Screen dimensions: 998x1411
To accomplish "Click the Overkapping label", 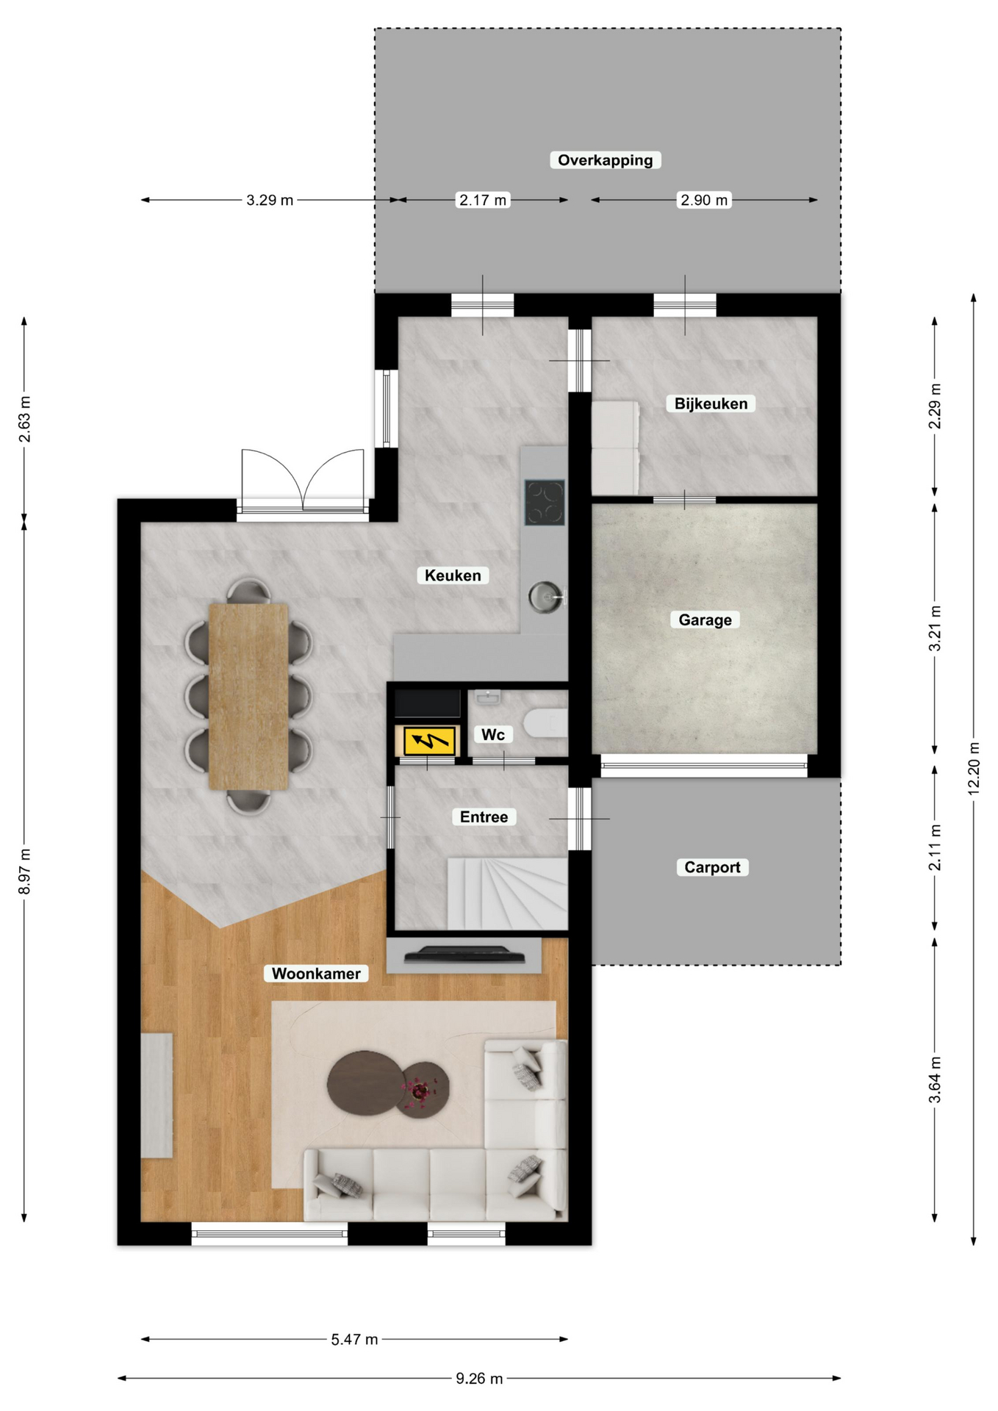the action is [605, 160].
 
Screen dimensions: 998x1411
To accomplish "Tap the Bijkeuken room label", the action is [711, 403].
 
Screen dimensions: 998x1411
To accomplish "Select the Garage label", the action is [705, 620].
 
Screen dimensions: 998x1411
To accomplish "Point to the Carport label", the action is [712, 867].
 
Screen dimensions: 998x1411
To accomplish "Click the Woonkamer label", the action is [316, 974].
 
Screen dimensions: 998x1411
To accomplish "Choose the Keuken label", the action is [453, 575].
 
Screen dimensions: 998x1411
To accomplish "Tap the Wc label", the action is [492, 734].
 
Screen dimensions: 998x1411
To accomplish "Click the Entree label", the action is [484, 816].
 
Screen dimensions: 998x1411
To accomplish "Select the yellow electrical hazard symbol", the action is [429, 741].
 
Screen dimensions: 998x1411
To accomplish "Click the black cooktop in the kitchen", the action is [545, 502].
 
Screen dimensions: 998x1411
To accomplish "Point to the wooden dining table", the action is [248, 696].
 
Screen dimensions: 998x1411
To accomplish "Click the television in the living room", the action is [464, 954].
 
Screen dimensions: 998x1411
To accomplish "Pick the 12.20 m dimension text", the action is [974, 768].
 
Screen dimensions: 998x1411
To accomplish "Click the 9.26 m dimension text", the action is [479, 1379].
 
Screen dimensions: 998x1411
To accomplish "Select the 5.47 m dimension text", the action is [354, 1339].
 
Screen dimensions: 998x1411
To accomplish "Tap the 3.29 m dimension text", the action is [270, 200].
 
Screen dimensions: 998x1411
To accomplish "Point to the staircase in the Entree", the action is [507, 893].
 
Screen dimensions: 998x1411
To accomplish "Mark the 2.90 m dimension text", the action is [704, 200].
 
